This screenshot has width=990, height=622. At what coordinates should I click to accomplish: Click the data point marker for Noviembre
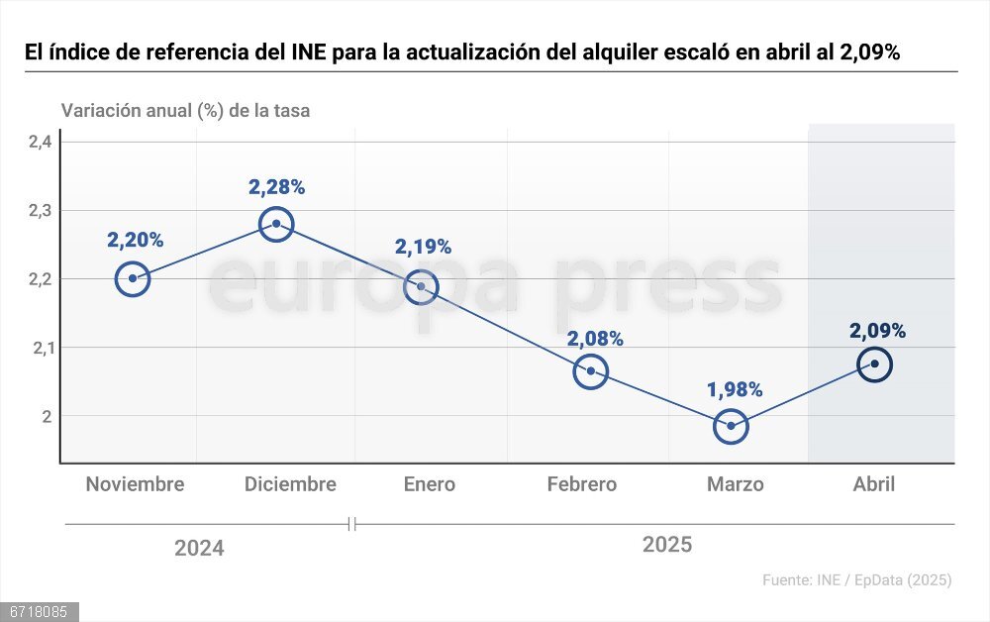pos(133,278)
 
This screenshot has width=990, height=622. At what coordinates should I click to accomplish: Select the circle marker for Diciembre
pos(276,224)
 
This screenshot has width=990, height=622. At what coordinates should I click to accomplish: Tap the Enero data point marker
pos(421,286)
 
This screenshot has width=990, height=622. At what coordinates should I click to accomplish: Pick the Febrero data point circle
pos(590,371)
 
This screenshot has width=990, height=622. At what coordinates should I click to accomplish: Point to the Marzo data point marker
pos(731,426)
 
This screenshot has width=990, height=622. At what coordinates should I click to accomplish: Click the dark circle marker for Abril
pos(875,364)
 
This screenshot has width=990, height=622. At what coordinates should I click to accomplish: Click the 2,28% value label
pos(276,186)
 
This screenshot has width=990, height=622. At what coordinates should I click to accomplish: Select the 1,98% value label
pos(735,389)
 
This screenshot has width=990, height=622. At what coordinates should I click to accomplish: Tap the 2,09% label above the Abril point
pos(877,331)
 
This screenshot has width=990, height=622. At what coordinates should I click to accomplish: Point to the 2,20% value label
pos(135,240)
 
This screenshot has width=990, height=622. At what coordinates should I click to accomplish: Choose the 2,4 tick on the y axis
pos(40,142)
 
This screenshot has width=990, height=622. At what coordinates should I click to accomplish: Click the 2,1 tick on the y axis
pos(40,348)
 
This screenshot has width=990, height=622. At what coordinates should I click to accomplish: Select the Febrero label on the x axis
pos(582,484)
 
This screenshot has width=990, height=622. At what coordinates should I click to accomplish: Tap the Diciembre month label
pos(290,484)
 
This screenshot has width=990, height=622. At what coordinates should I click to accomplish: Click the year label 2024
pos(199,548)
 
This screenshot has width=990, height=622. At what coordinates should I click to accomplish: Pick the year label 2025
pos(667,545)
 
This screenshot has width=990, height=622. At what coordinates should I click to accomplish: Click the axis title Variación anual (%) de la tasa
pos(185,110)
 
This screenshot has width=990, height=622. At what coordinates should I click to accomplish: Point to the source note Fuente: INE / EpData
pos(856,580)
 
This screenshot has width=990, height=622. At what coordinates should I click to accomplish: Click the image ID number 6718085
pos(39,612)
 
